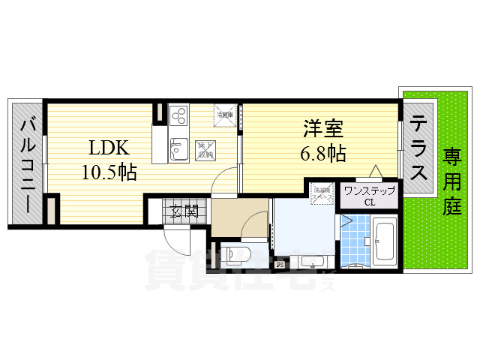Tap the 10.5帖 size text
click(x=109, y=172)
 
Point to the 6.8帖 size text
click(x=324, y=154)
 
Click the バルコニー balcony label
click(x=28, y=164)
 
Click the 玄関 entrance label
click(x=183, y=210)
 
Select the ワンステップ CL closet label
click(x=369, y=196)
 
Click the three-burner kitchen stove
click(x=180, y=116)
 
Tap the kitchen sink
click(x=180, y=149)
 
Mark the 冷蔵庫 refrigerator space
click(x=224, y=114)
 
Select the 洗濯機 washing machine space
click(x=322, y=194)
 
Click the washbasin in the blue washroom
click(x=313, y=261)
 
